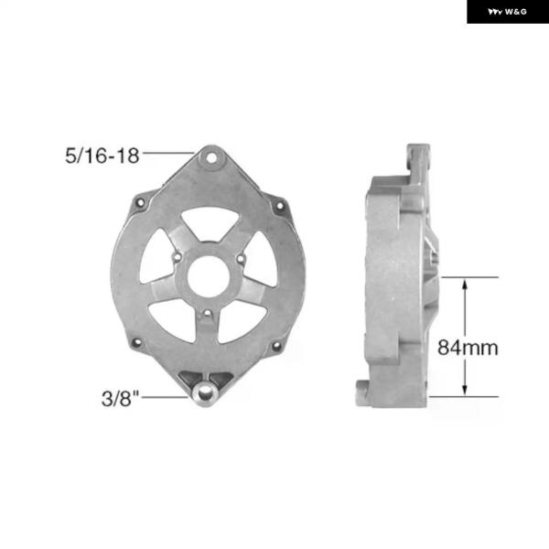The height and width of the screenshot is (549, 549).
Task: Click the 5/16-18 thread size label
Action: pyautogui.click(x=102, y=156)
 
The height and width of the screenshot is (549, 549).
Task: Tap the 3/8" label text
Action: pyautogui.click(x=120, y=398)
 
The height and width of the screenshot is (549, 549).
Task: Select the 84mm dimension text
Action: pyautogui.click(x=468, y=348)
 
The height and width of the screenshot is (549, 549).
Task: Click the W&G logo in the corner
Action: pyautogui.click(x=507, y=12)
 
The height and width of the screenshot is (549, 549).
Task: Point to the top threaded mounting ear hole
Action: pyautogui.click(x=211, y=158)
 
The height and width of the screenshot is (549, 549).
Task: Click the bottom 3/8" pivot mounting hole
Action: pyautogui.click(x=205, y=394)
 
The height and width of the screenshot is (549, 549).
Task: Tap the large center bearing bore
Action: pyautogui.click(x=209, y=276)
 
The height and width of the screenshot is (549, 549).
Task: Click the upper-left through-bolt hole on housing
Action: pyautogui.click(x=140, y=202)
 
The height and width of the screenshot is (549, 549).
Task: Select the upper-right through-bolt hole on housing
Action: pyautogui.click(x=280, y=206)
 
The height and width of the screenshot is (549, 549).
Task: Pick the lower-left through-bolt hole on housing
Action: pyautogui.click(x=137, y=342)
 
